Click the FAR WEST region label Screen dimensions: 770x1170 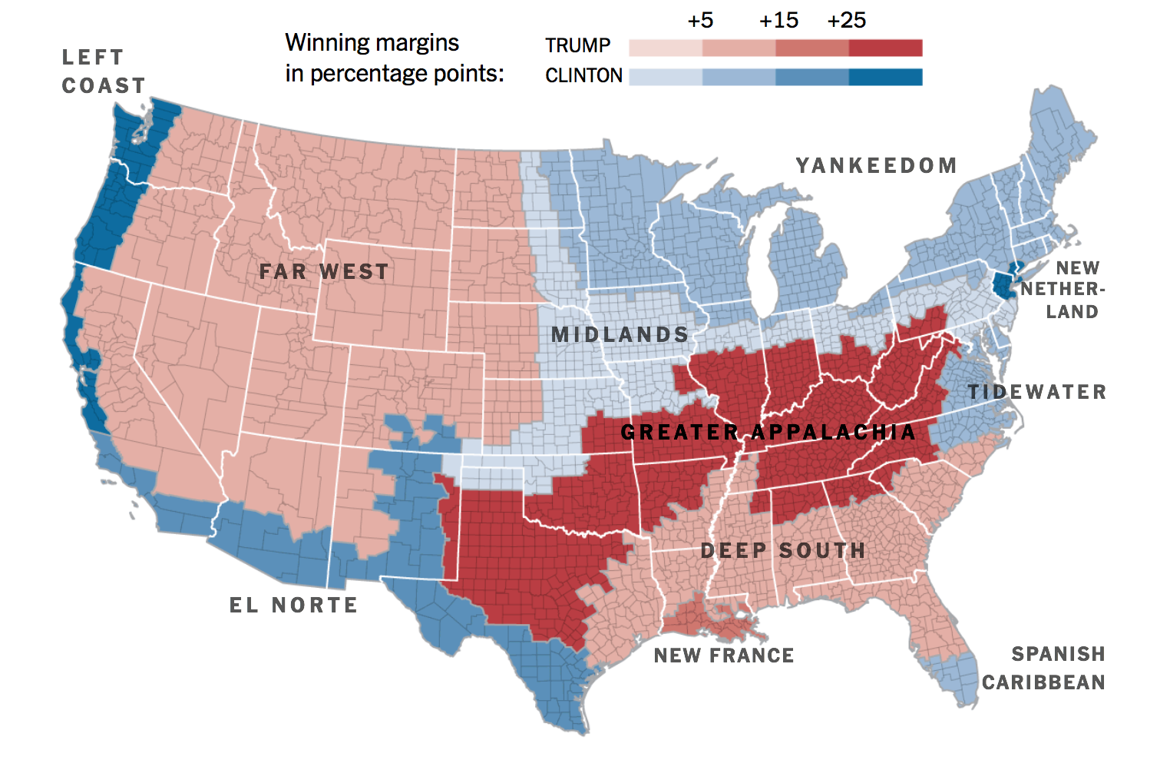pos(324,272)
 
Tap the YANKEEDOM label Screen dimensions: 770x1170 pos(876,166)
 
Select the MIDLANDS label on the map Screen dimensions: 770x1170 pos(620,335)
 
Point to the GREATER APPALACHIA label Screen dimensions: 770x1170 pos(768,433)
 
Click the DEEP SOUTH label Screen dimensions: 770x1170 pos(783,551)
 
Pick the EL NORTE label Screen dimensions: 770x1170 pos(294,606)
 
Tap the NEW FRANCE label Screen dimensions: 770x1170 pos(724,655)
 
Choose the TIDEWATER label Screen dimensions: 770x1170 pos(1036,393)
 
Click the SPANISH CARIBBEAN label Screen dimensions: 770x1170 pos(1044,668)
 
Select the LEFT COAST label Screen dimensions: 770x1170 pos(104,71)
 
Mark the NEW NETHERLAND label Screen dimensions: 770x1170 pos(1063,290)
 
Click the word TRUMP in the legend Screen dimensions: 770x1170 pos(577,46)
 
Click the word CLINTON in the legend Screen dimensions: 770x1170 pos(583,76)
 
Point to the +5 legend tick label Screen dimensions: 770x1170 pos(700,21)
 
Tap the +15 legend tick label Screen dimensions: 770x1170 pos(778,21)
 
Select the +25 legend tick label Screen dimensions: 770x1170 pos(846,21)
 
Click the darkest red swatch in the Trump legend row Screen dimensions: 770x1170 pos(885,48)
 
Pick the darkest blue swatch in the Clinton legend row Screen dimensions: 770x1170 pos(885,77)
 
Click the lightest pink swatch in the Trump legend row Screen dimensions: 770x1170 pos(665,48)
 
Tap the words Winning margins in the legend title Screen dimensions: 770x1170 pos(372,43)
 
